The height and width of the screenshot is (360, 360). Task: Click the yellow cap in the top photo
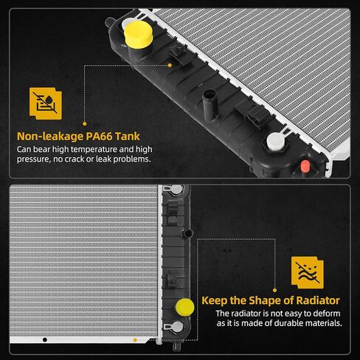pyautogui.click(x=138, y=34)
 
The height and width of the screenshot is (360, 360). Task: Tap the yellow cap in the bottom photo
pyautogui.click(x=184, y=307)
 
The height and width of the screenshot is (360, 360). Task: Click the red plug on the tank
pyautogui.click(x=305, y=166)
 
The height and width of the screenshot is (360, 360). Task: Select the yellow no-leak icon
pyautogui.click(x=46, y=103)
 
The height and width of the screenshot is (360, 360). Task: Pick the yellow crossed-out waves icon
pyautogui.click(x=308, y=272)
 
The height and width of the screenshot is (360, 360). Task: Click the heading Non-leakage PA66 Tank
pyautogui.click(x=78, y=136)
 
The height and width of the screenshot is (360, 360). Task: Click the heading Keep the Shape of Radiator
pyautogui.click(x=271, y=300)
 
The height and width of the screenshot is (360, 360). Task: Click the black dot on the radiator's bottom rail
pyautogui.click(x=45, y=340)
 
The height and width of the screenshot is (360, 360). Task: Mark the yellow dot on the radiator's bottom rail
pyautogui.click(x=135, y=340)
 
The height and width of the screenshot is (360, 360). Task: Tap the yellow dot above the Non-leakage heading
pyautogui.click(x=85, y=124)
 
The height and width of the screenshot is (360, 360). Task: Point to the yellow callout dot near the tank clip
pyautogui.click(x=170, y=65)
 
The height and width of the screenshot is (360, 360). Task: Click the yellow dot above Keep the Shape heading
pyautogui.click(x=275, y=291)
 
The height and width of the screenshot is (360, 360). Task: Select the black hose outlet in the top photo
pyautogui.click(x=210, y=105)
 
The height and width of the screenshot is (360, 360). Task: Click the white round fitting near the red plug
pyautogui.click(x=275, y=141)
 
